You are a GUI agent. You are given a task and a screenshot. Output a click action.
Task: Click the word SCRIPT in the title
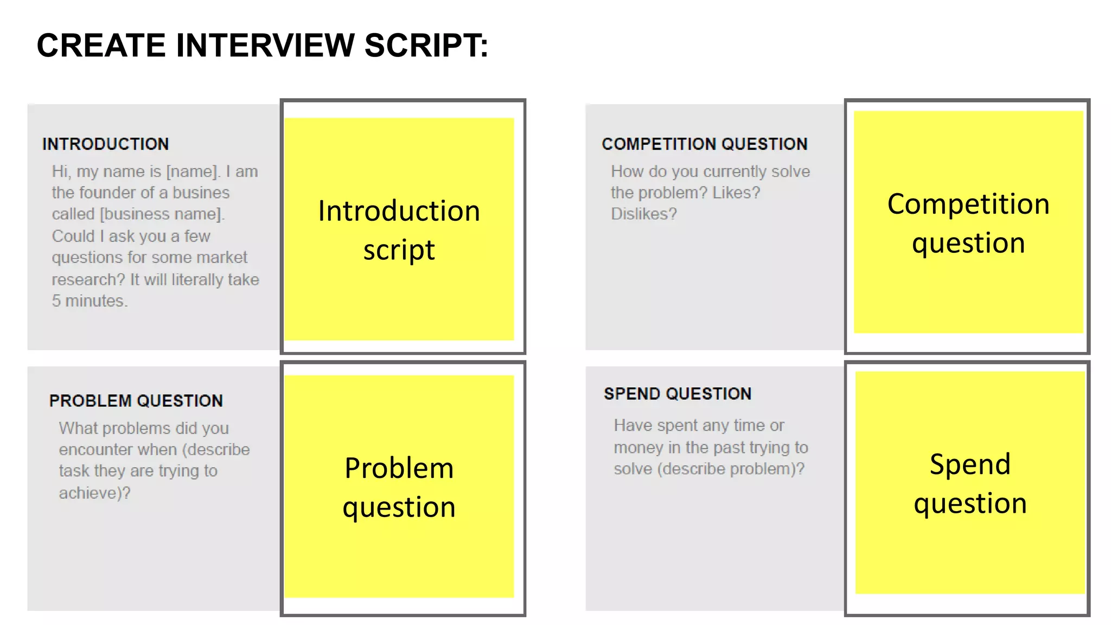coord(426,45)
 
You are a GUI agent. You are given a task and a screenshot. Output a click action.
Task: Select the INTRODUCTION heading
coord(106,144)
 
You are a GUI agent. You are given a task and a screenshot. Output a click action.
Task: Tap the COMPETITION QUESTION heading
coord(705,144)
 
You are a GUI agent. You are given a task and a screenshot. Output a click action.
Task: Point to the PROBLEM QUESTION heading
coord(136,401)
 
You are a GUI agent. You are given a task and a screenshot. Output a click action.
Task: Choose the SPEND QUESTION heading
coord(678,394)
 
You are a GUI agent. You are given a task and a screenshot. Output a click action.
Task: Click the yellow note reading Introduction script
coord(399,229)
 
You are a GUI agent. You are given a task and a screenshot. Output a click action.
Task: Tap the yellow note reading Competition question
coord(968,222)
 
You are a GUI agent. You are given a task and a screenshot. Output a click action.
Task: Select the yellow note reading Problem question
coord(399,487)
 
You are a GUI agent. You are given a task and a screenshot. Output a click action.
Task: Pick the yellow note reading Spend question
coord(970,483)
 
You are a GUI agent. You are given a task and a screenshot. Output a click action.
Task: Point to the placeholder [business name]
coord(162,214)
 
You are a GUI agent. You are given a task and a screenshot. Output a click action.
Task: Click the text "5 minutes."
coord(90,301)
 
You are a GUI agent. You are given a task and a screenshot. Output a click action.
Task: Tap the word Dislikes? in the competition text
coord(644,214)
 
